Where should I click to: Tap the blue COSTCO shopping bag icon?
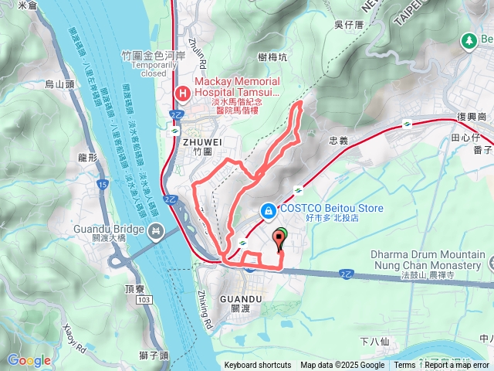267,209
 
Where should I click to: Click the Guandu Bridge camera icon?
157,230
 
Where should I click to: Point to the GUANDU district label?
236,298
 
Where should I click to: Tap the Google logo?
29,360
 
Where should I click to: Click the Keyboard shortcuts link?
258,366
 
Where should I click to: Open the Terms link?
404,366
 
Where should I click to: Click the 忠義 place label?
339,141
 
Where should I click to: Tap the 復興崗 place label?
472,115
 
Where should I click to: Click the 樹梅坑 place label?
274,56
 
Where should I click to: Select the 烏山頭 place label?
59,83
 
